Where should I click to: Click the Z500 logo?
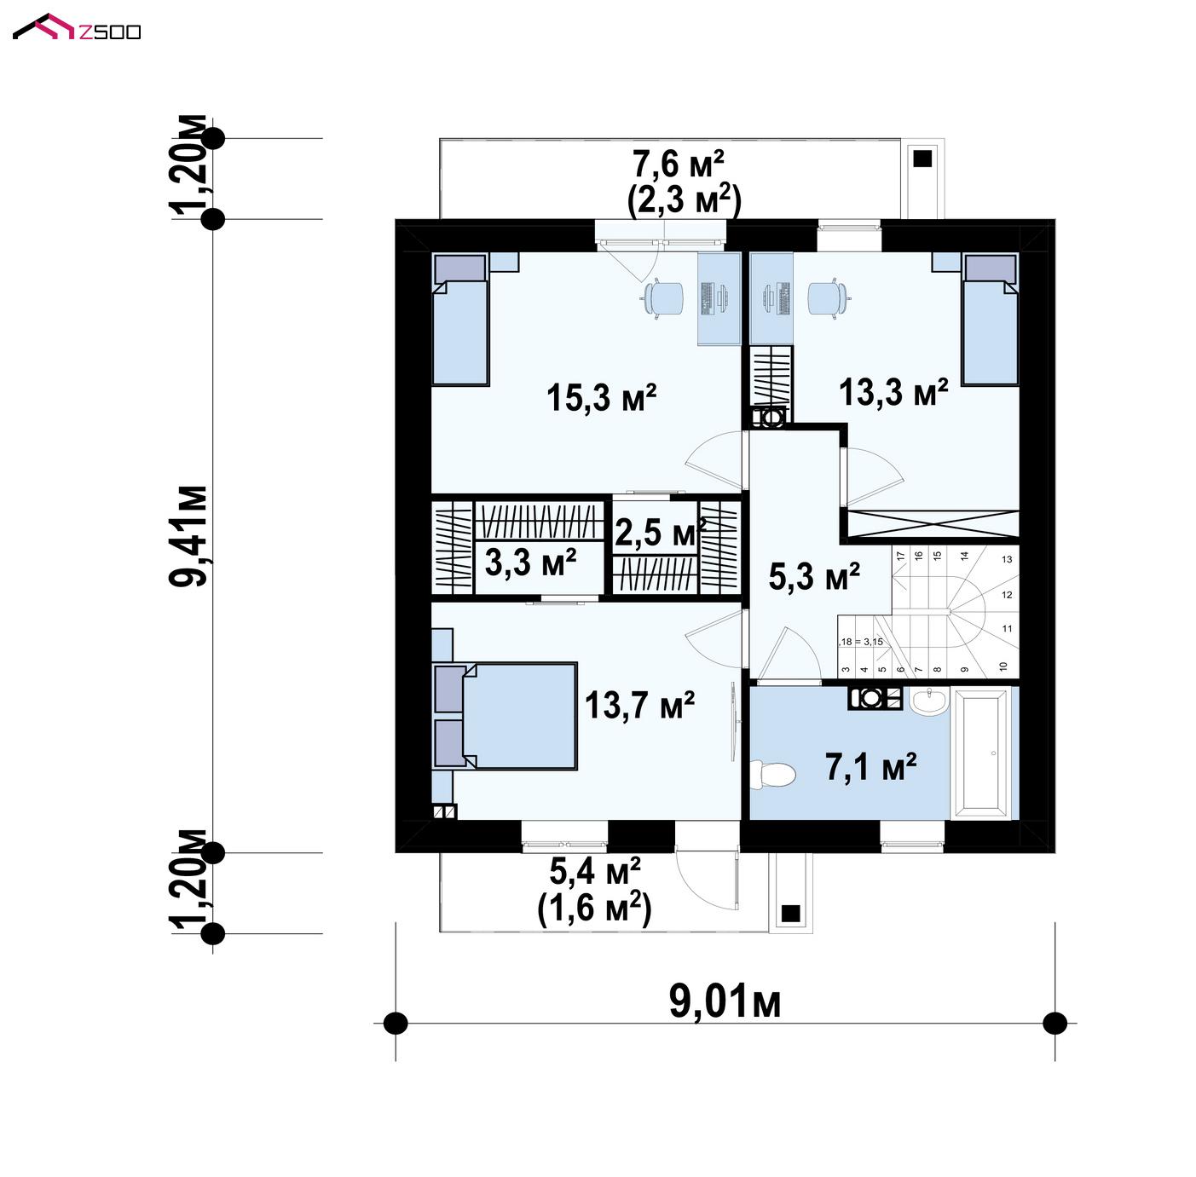[77, 27]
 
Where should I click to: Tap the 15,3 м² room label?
[602, 397]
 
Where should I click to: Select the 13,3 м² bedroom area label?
[893, 392]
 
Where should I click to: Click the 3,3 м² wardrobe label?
[531, 562]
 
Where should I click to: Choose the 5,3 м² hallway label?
[814, 576]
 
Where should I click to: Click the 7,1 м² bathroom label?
[870, 767]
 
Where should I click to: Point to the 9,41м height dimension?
[188, 536]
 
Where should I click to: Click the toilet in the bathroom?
[772, 774]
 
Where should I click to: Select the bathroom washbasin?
[928, 701]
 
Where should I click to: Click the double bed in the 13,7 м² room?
[506, 717]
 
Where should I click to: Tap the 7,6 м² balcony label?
[678, 165]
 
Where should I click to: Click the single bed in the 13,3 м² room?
[990, 319]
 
